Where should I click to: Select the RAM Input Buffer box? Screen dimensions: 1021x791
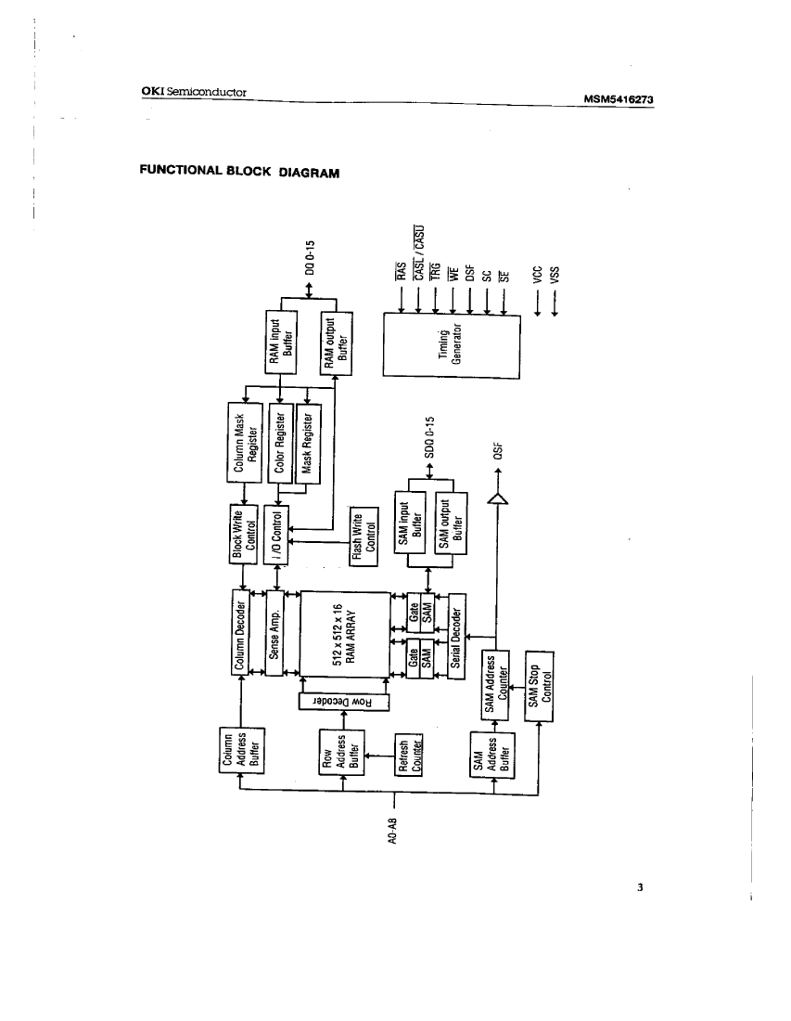pyautogui.click(x=281, y=340)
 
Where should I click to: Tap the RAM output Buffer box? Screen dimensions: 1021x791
pyautogui.click(x=337, y=340)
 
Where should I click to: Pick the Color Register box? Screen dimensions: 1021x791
pyautogui.click(x=281, y=444)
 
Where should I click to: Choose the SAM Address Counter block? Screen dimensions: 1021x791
pyautogui.click(x=497, y=681)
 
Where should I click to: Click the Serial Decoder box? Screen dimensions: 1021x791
pyautogui.click(x=456, y=636)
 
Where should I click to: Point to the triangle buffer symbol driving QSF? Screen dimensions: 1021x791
pyautogui.click(x=498, y=500)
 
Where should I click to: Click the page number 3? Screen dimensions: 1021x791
pyautogui.click(x=640, y=887)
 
